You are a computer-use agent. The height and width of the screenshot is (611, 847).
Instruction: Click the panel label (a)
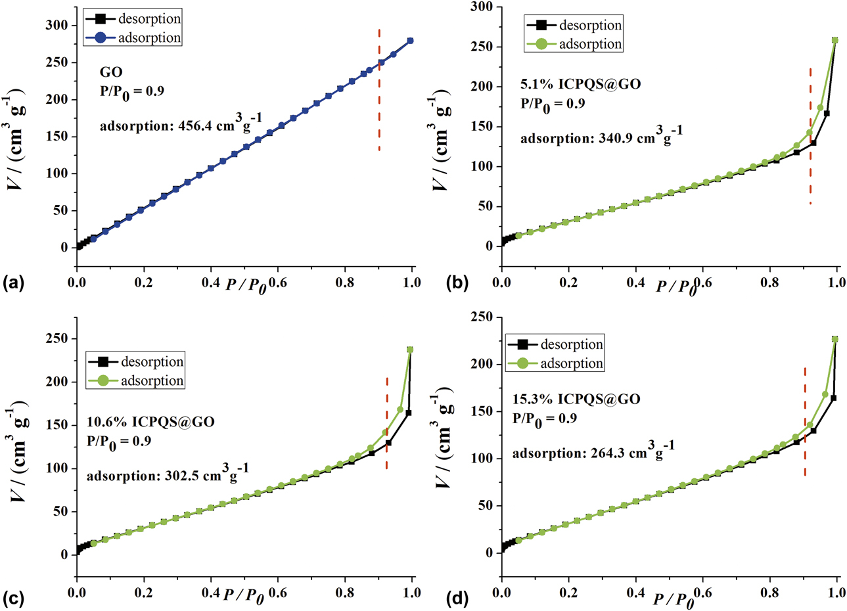coord(14,283)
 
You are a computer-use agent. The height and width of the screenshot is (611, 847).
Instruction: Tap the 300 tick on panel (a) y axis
coord(57,26)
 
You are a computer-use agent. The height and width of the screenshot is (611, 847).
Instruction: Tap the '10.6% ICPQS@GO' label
coord(150,422)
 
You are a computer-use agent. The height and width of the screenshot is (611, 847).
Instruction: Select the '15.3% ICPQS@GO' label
coord(576,399)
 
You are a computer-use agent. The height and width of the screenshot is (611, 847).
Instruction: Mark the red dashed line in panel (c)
coord(386,424)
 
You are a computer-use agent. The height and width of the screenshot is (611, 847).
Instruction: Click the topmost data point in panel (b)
coord(835,40)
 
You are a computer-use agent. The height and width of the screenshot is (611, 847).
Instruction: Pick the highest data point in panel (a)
coord(411,41)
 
